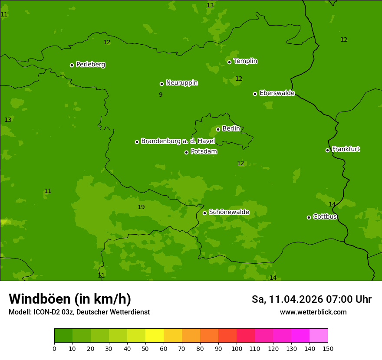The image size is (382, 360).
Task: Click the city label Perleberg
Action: point(91,65)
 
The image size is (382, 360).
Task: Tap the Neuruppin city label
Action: point(182,83)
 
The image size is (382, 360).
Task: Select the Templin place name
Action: point(246,61)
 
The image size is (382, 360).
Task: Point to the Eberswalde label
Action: point(277,93)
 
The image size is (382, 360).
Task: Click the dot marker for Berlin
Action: point(218,129)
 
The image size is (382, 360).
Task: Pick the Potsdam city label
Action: point(204,152)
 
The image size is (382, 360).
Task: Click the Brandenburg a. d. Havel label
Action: point(178,141)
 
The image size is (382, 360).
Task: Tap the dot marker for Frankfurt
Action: point(327,150)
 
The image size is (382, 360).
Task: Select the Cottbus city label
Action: point(325,217)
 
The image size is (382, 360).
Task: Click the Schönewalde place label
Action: point(229,212)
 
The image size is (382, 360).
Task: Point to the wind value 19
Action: point(141,207)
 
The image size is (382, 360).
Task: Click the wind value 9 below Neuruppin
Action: point(161,95)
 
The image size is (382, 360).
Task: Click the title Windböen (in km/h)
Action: point(70,299)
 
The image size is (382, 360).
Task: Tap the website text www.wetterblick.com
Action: point(313,312)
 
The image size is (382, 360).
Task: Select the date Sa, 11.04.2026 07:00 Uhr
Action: point(311,299)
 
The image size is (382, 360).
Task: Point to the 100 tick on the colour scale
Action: point(237,348)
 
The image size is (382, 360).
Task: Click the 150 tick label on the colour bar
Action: point(328,348)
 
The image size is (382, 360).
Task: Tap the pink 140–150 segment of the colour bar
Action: point(319,336)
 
